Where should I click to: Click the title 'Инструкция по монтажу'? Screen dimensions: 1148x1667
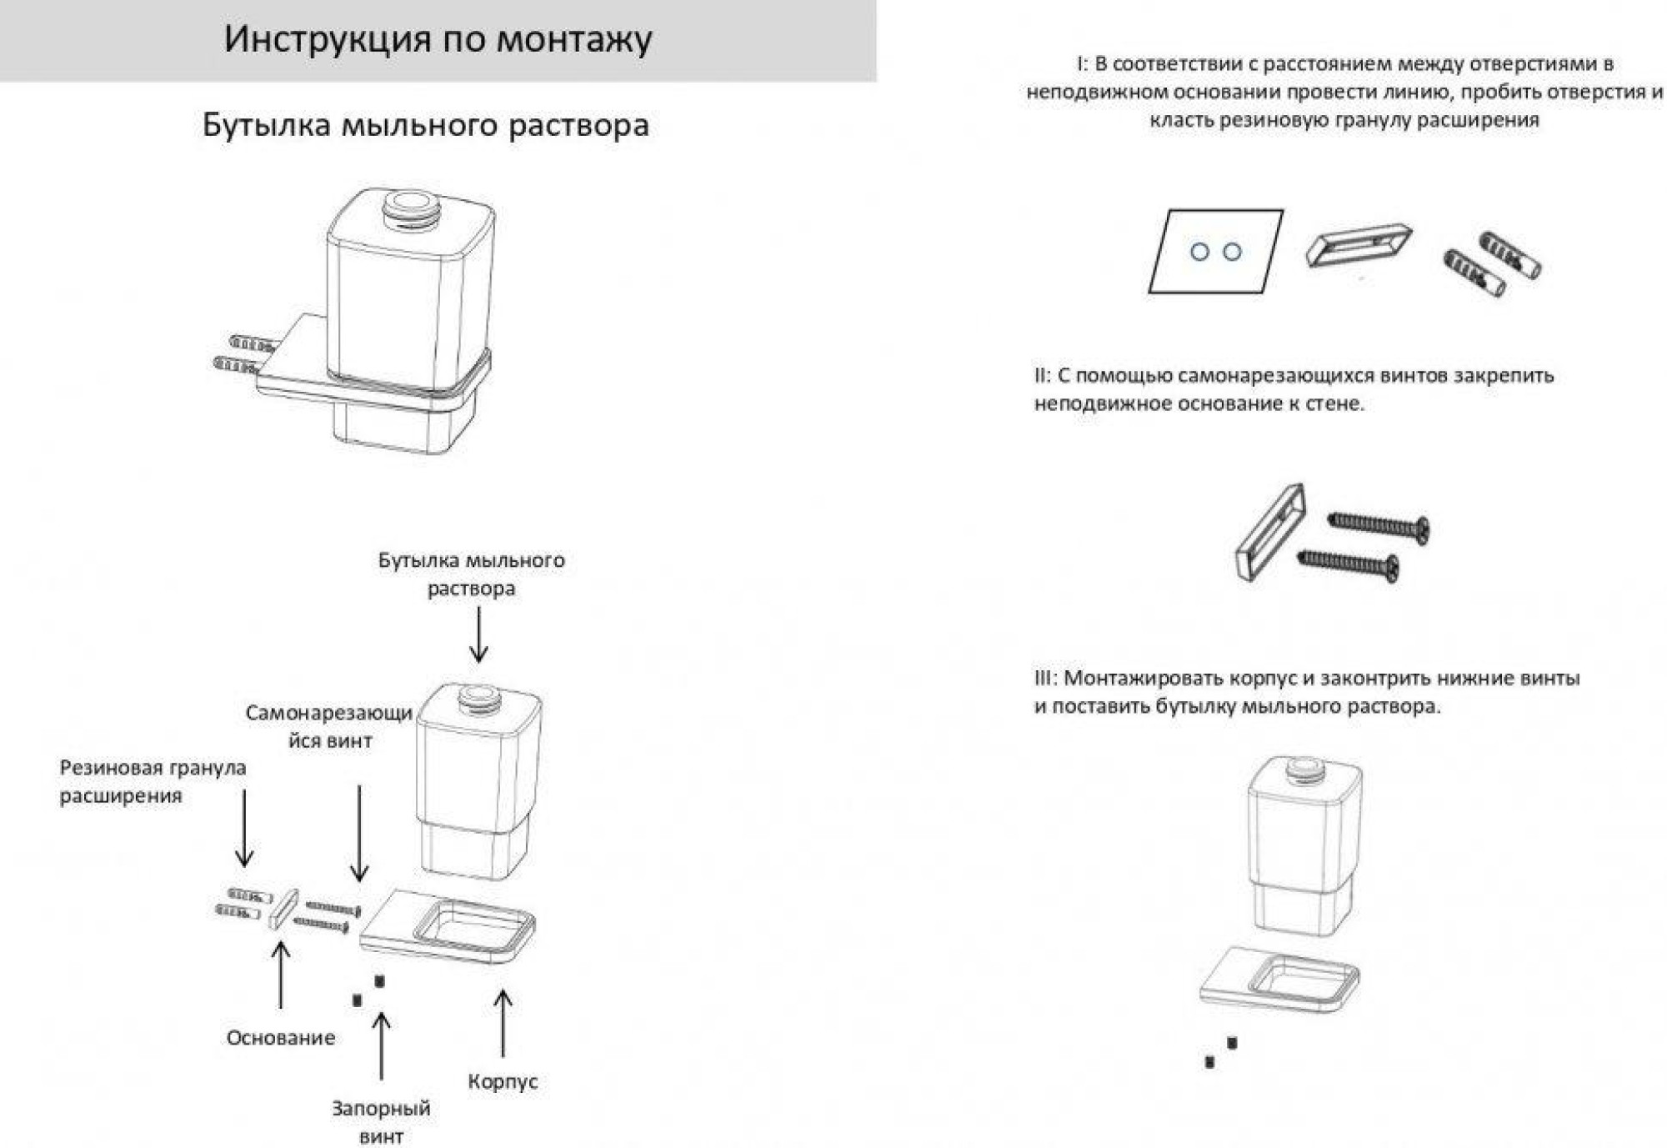click(x=438, y=39)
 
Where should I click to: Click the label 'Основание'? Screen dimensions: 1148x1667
click(x=281, y=1038)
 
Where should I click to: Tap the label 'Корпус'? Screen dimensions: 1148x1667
click(x=503, y=1081)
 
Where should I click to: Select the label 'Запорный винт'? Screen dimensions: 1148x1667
click(x=381, y=1122)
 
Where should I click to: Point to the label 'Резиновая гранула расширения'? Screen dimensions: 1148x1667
click(x=153, y=781)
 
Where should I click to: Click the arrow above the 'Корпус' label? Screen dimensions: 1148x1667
click(x=503, y=1024)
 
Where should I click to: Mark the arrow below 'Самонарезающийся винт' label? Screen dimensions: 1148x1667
click(x=359, y=834)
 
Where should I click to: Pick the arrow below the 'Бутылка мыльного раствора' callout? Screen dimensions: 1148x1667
click(x=478, y=635)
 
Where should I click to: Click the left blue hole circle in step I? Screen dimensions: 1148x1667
click(x=1199, y=252)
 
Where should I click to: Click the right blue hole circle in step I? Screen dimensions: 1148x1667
click(x=1232, y=252)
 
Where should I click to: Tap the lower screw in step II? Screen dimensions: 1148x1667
click(x=1349, y=564)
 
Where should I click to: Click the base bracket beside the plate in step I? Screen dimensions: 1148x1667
click(x=1359, y=244)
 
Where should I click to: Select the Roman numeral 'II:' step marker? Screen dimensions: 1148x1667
click(x=1043, y=376)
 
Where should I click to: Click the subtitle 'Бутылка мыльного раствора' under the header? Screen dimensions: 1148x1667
click(x=426, y=125)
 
